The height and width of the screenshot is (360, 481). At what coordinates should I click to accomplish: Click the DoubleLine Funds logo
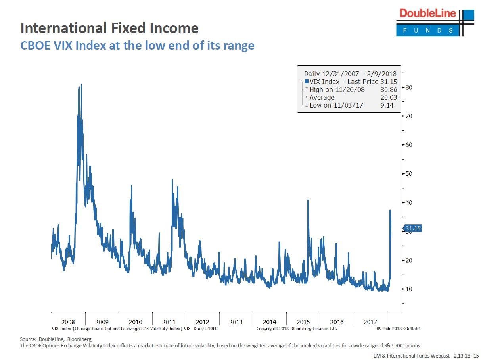point(435,22)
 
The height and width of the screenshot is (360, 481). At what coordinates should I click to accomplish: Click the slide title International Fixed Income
point(109,28)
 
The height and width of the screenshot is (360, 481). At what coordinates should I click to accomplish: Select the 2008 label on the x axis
point(68,322)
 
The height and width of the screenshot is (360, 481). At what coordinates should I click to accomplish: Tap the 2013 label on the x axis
point(236,322)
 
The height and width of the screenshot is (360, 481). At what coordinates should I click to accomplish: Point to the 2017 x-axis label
point(370,322)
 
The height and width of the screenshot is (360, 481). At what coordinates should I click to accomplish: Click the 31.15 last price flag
point(412,228)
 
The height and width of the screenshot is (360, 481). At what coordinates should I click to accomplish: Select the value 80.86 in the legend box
point(389,90)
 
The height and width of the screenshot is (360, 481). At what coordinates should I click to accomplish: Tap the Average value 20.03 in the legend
point(389,98)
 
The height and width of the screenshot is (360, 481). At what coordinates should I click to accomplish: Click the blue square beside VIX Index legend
point(307,82)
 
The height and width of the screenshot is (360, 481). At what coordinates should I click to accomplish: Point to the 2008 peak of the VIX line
point(81,85)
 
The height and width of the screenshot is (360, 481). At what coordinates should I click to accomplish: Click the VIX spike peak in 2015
point(308,200)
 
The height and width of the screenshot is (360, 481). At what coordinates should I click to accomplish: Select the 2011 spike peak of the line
point(172,180)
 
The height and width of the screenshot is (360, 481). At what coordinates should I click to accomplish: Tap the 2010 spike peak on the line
point(131,186)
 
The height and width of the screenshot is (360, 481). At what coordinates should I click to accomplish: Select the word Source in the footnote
point(28,339)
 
